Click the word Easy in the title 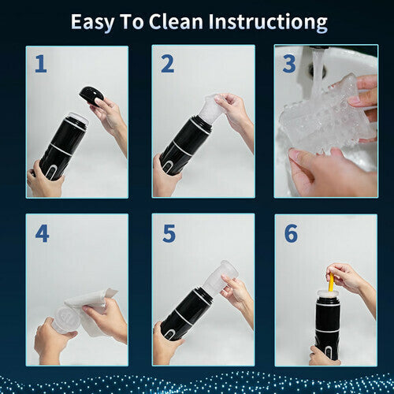[x=95, y=21]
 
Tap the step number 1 [x=39, y=64]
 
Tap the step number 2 [x=167, y=64]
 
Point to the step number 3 [x=288, y=64]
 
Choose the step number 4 [x=41, y=233]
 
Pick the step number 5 [x=168, y=233]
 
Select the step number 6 [x=290, y=233]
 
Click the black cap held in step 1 [x=91, y=95]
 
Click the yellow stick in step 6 [x=331, y=281]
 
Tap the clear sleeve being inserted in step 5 [x=219, y=276]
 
